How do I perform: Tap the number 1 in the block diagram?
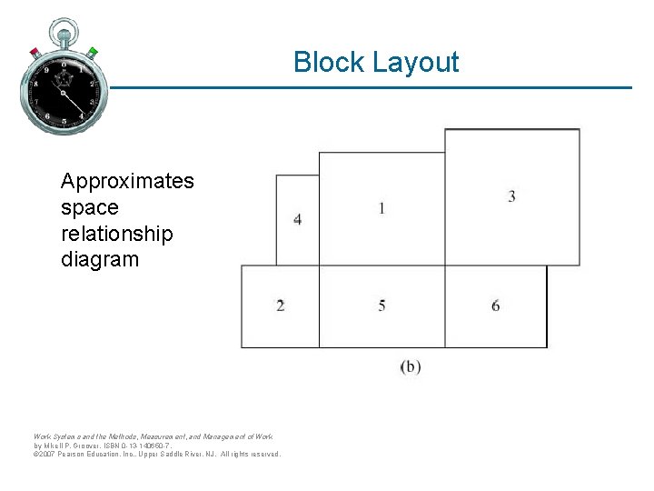381,208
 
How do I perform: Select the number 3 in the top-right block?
511,196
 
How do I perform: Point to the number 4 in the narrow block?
298,219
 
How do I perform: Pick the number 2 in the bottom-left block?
280,306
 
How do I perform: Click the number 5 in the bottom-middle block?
381,306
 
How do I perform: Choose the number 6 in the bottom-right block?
495,306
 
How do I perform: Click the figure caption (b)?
411,367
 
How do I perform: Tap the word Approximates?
127,181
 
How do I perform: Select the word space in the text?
89,207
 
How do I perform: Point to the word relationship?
116,234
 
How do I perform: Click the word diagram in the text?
100,259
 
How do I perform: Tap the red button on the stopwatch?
35,52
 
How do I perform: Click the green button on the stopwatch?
93,51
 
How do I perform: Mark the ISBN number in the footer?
145,446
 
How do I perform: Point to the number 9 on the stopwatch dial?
45,70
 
